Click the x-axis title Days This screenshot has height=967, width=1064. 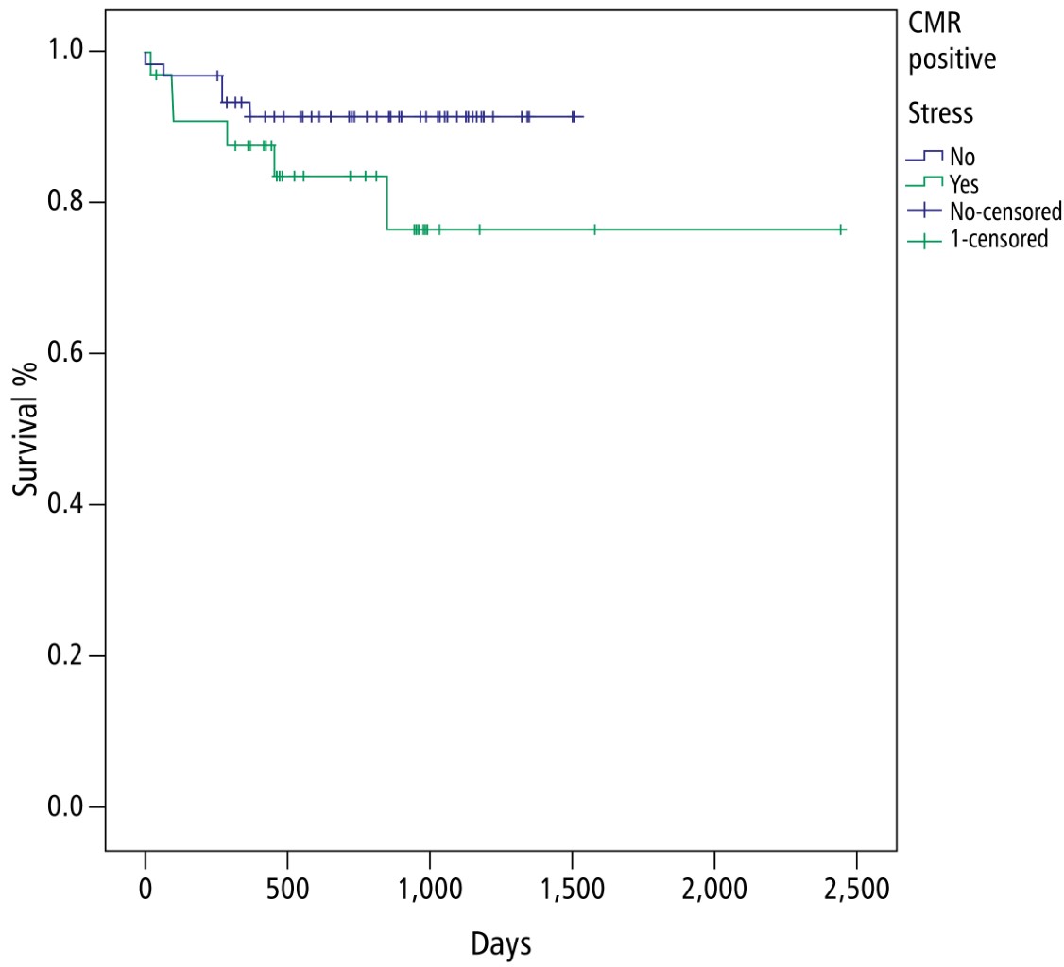(501, 943)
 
